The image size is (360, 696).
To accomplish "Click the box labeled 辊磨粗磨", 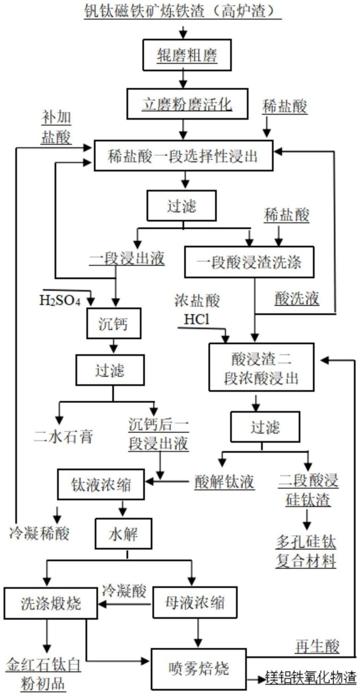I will coord(187,56).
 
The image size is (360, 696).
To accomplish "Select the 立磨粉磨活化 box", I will coord(187,105).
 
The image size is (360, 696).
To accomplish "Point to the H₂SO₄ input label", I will coord(60,302).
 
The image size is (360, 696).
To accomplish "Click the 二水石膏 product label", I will coord(65,436).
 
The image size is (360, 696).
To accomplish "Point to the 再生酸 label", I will coord(318,647).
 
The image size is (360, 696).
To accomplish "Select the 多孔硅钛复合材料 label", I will coord(306,551).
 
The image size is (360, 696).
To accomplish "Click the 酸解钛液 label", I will coord(224,482).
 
